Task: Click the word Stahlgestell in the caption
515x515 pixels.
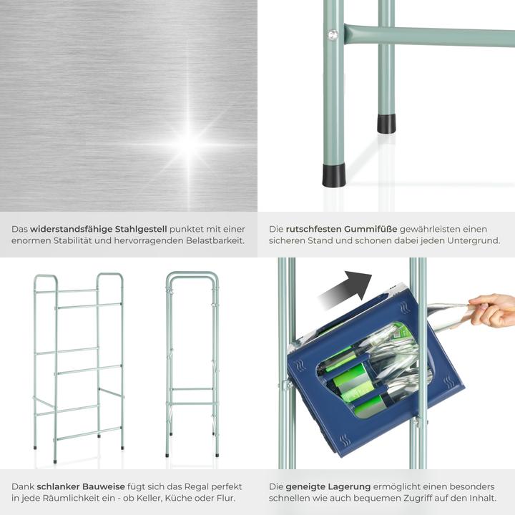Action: click(142, 229)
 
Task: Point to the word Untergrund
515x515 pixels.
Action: click(474, 241)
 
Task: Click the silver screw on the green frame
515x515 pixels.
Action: click(332, 34)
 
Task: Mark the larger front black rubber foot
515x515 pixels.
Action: click(333, 175)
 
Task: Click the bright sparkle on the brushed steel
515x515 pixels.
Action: click(190, 143)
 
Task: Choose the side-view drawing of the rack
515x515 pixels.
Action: click(192, 365)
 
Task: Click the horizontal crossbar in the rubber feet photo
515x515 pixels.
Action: click(429, 36)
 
